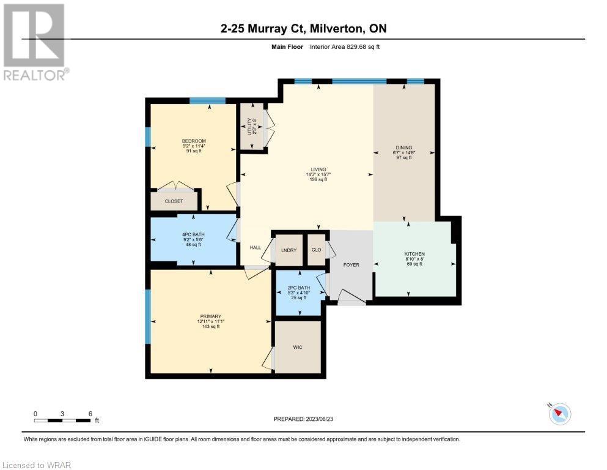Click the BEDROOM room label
pos(193,141)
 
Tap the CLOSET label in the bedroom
pos(174,201)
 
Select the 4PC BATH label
pos(193,235)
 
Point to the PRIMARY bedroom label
pos(208,316)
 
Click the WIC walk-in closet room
pos(298,347)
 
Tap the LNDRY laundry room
pos(289,250)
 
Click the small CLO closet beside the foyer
pos(316,250)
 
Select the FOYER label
pos(351,265)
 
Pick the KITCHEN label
pos(414,254)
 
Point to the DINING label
pos(403,147)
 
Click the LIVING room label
pos(318,170)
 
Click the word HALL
pos(256,247)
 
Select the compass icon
pos(559,414)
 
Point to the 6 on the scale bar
pos(90,413)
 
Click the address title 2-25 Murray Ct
pos(263,29)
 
